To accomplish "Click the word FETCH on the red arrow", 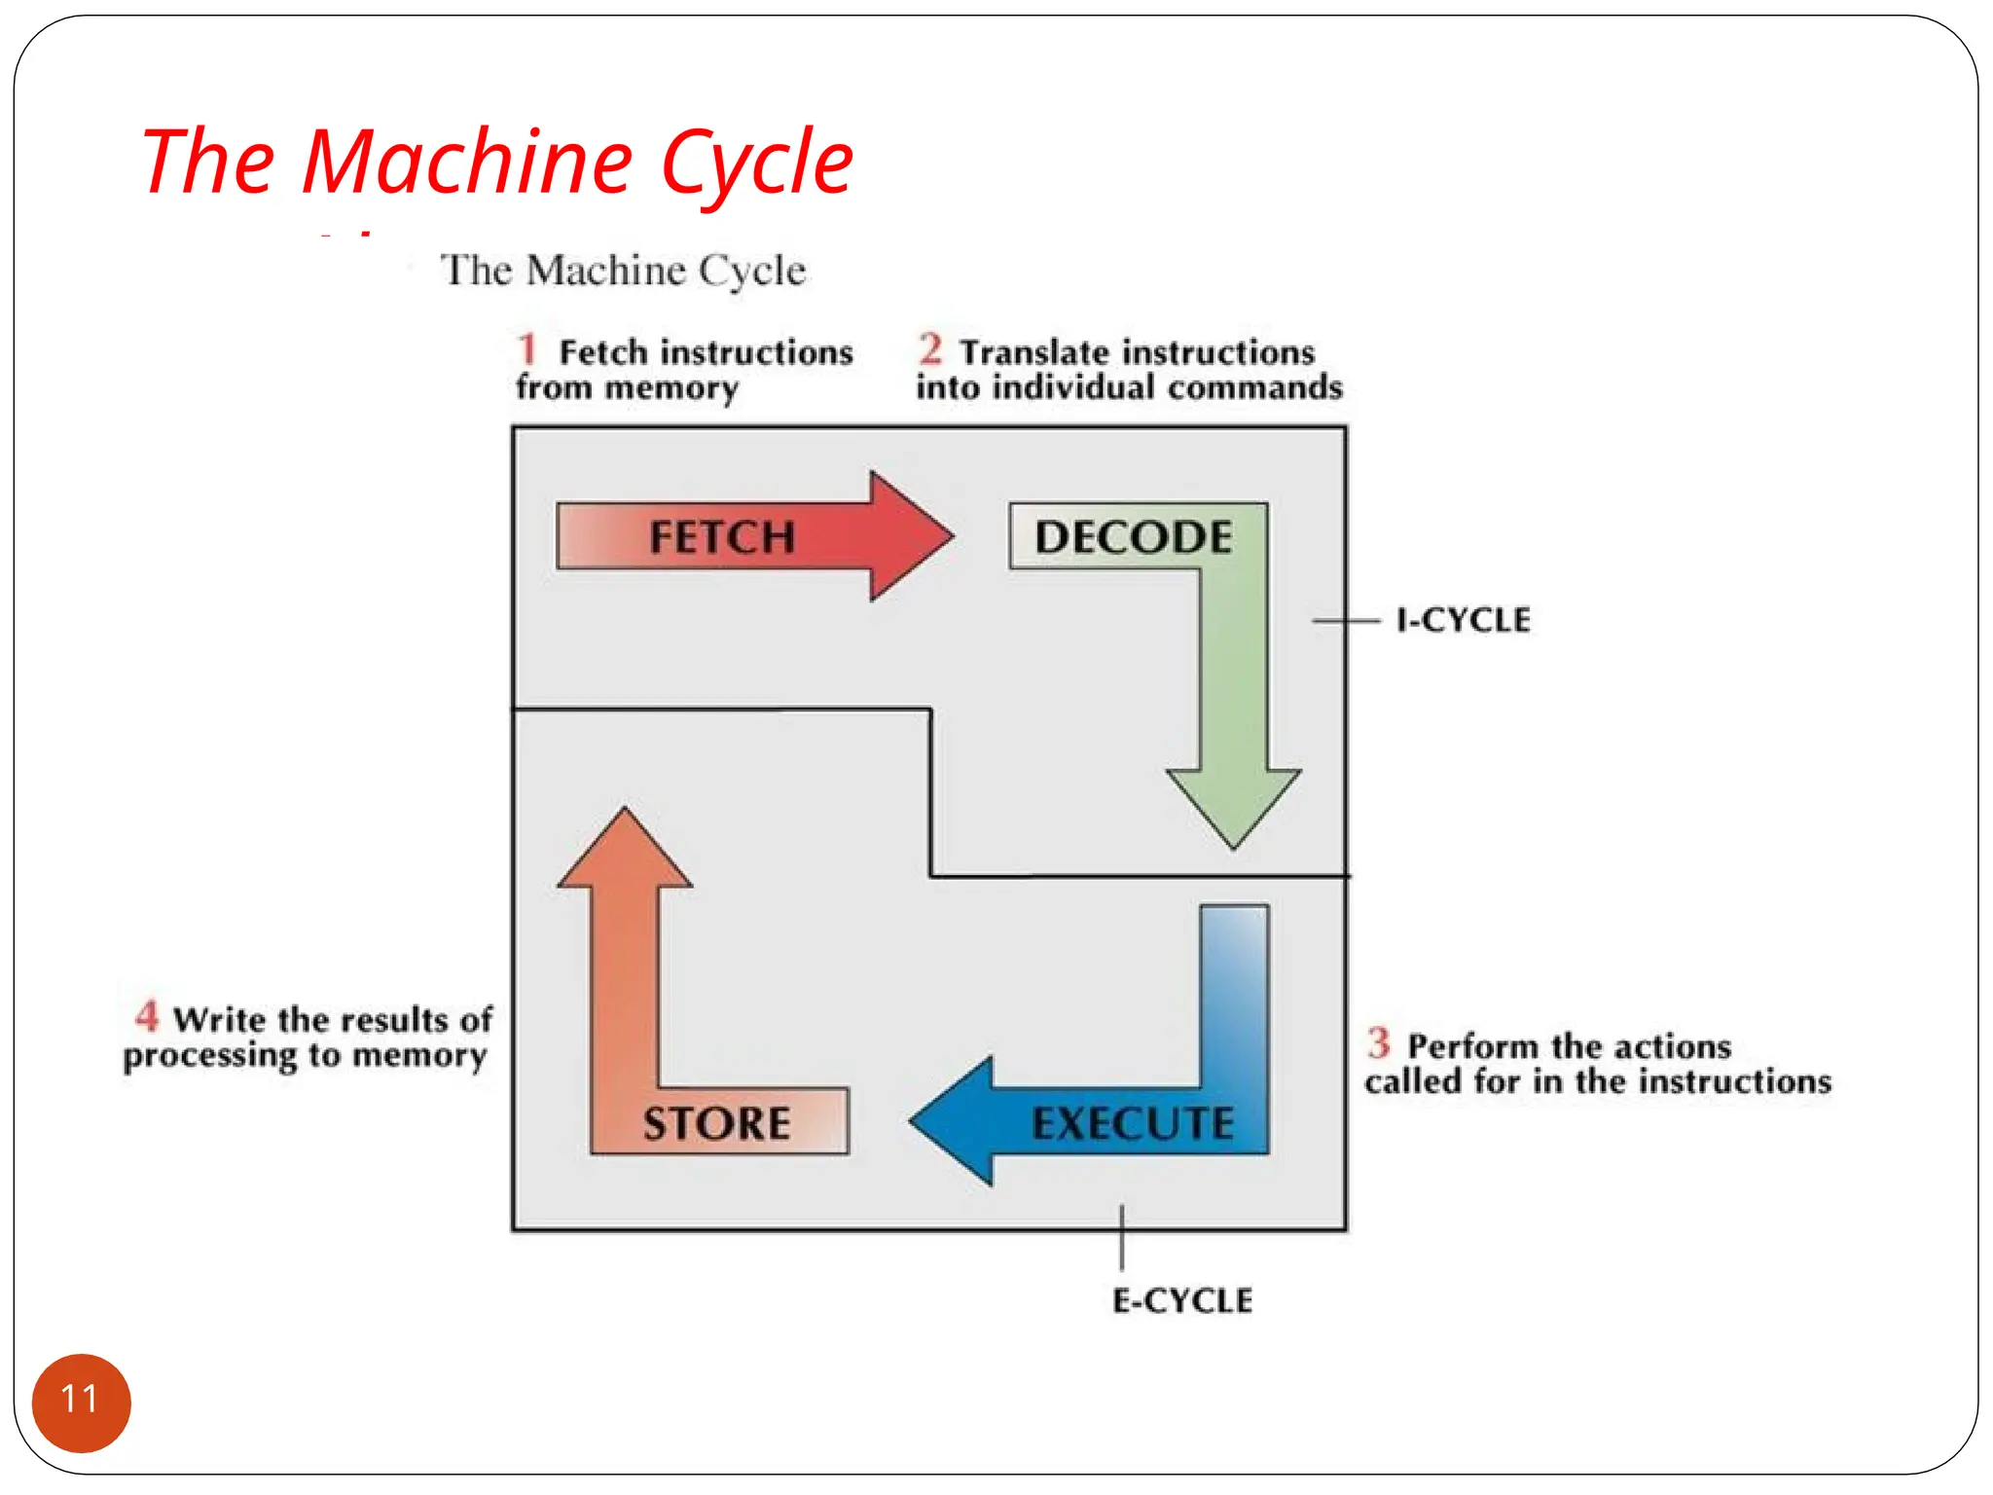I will click(x=721, y=537).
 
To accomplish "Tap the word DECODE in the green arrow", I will click(x=1133, y=537).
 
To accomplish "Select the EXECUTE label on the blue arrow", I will click(x=1132, y=1123).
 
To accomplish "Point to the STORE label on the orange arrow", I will click(x=716, y=1123).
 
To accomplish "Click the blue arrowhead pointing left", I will click(x=954, y=1120).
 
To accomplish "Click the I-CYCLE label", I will click(x=1463, y=620).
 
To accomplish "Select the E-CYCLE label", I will click(x=1182, y=1300).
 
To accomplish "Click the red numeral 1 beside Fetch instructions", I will click(x=527, y=348).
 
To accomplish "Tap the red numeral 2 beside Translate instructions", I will click(x=930, y=348).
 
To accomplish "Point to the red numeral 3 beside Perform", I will click(x=1378, y=1042).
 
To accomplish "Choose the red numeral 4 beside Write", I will click(x=147, y=1016).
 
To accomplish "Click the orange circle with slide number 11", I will click(x=81, y=1402).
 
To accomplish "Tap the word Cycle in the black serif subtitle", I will click(x=751, y=271).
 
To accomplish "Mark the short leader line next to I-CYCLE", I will click(x=1346, y=620).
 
